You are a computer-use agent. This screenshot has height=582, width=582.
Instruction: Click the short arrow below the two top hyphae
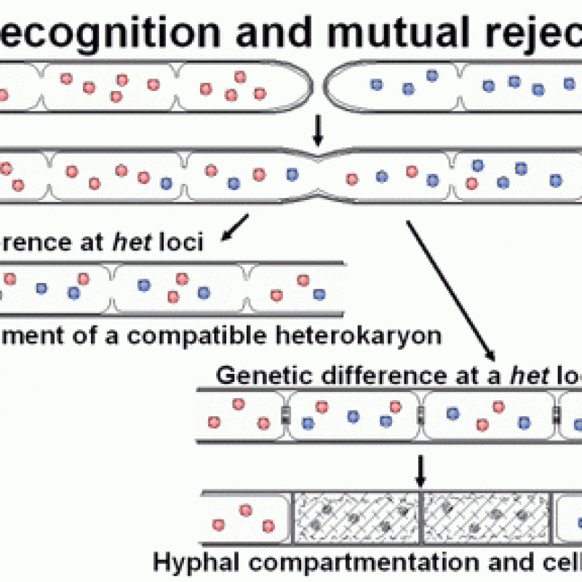[x=317, y=129]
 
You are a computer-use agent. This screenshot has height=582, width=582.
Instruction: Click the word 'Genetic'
[x=257, y=375]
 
